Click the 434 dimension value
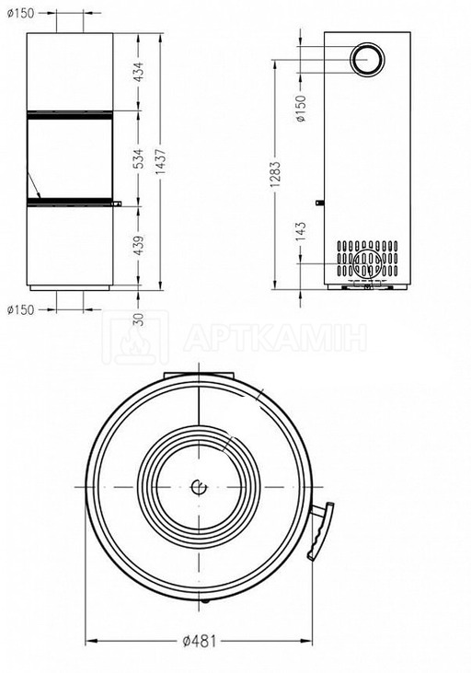coord(138,72)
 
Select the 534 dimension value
coord(138,158)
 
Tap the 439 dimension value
coord(138,245)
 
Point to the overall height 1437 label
coord(161,158)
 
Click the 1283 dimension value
coord(275,174)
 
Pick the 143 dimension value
coord(301,232)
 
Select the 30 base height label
coord(138,319)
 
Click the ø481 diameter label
coord(199,642)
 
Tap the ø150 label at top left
coord(20,13)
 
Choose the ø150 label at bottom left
coord(20,309)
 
